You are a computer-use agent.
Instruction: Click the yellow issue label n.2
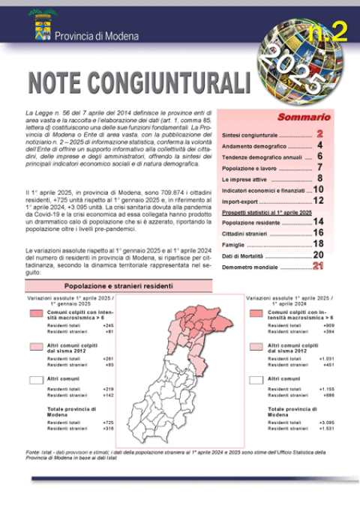(328, 32)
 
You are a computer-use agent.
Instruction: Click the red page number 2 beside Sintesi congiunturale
(319, 133)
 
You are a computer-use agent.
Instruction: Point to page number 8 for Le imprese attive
(320, 179)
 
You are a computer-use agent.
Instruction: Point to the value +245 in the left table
(108, 326)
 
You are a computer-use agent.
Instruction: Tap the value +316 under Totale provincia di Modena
(108, 429)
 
